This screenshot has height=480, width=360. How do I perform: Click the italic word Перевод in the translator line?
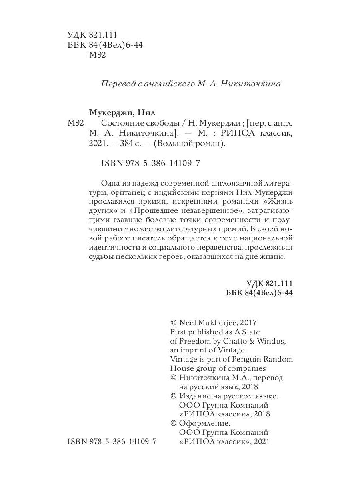(116, 84)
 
